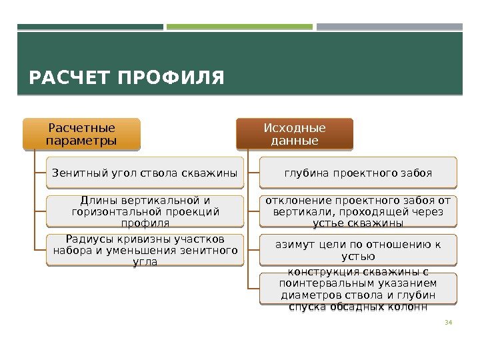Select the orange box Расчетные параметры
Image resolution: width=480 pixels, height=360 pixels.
pos(82,134)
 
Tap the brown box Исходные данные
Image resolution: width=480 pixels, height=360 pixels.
pos(295,134)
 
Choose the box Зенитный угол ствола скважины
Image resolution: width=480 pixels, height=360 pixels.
pos(145,173)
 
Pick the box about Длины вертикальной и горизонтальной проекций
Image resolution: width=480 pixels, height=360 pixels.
pos(145,211)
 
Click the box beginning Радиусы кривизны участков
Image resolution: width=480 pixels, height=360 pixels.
pos(145,250)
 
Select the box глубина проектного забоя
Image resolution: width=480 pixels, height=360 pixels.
pos(358,173)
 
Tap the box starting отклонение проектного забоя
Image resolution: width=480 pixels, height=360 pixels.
pos(358,211)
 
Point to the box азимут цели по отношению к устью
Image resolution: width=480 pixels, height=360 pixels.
pos(358,250)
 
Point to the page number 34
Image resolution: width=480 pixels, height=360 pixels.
pos(448,323)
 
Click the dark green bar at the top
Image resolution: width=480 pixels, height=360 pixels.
pos(90,27)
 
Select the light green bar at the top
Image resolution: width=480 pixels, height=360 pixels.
pos(239,27)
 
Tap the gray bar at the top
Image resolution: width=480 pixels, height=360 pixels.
pos(389,27)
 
